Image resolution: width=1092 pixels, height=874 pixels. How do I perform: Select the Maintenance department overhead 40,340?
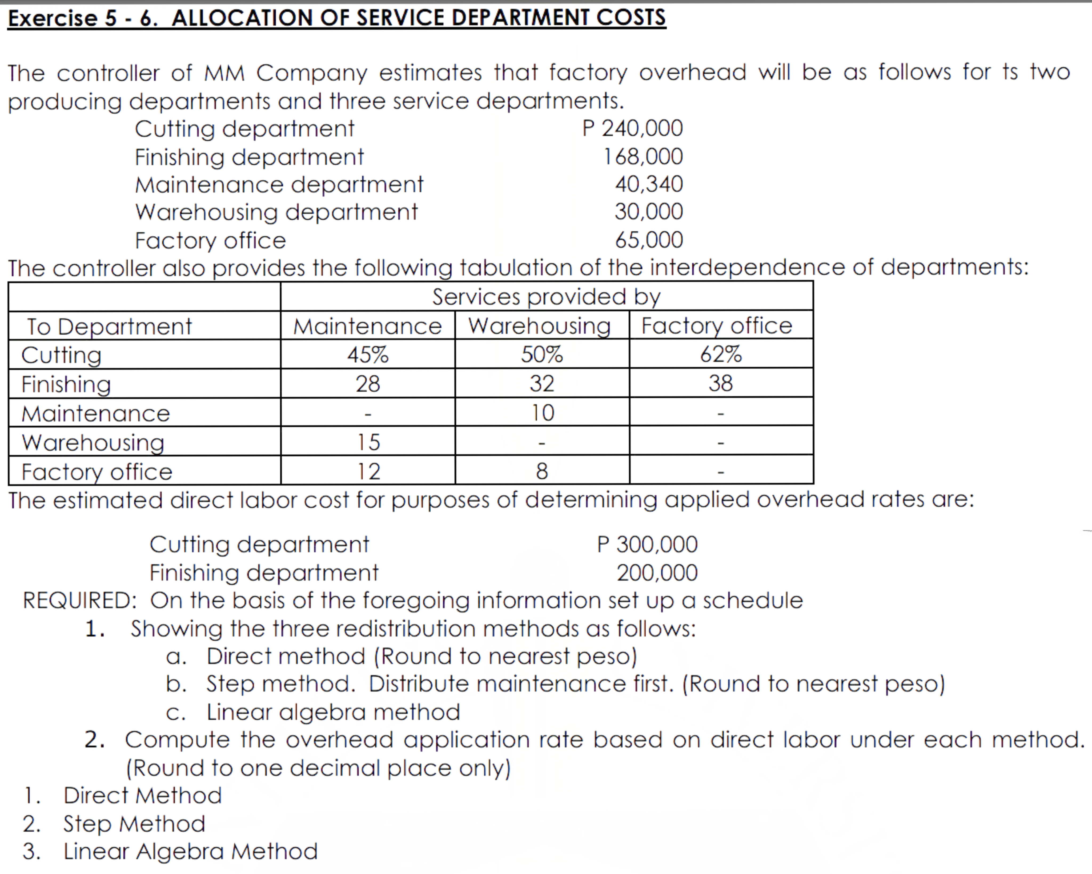click(649, 184)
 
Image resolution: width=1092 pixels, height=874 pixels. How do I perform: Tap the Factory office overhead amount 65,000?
click(649, 240)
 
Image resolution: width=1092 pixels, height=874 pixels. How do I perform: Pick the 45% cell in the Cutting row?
click(368, 354)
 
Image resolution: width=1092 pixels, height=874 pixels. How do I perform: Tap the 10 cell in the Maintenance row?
click(542, 413)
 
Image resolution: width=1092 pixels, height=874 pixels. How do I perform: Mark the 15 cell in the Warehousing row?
click(368, 442)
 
